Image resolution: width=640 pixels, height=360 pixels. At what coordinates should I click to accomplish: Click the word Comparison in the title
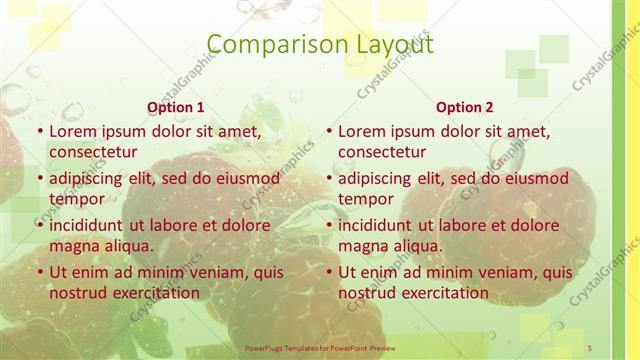click(264, 45)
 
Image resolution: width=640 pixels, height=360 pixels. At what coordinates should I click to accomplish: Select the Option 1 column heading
click(176, 107)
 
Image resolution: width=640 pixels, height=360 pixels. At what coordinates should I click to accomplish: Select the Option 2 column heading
click(465, 107)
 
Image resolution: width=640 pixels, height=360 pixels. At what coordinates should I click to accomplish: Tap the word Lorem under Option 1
click(73, 131)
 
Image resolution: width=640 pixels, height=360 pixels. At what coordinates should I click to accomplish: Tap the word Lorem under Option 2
click(362, 131)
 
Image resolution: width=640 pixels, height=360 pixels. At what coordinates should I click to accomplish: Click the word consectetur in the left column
click(93, 152)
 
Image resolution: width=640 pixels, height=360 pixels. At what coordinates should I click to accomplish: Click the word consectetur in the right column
click(382, 152)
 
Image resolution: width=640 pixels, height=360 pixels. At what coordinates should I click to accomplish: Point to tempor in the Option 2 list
click(366, 199)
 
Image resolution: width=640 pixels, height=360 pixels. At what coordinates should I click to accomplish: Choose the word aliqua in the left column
click(128, 246)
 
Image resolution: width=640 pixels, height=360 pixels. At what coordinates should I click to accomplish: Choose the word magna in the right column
click(364, 246)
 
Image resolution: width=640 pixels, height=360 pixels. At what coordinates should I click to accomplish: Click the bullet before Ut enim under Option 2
click(329, 273)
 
